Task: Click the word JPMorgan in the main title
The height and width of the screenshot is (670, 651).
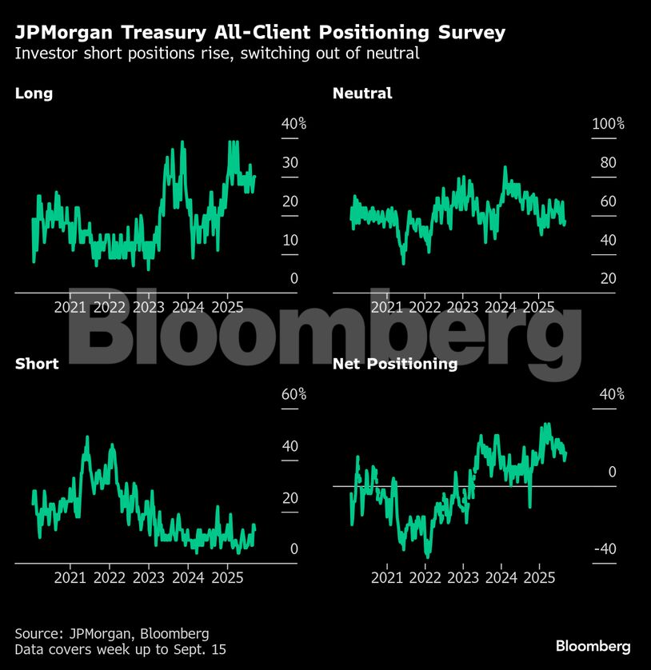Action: pos(66,33)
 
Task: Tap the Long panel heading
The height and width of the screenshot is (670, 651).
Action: pos(34,94)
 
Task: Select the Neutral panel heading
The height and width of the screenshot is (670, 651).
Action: pos(362,94)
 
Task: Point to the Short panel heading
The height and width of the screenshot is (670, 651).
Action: pos(37,364)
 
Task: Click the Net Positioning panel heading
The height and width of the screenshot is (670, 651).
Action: pos(395,364)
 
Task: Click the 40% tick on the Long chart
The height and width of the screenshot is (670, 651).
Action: pos(294,124)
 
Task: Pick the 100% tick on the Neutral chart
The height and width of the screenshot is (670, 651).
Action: pos(608,124)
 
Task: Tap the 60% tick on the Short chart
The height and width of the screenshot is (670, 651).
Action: pos(294,394)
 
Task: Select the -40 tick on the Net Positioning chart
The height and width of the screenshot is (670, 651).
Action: pos(606,548)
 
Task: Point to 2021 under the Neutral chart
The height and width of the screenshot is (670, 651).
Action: pos(387,307)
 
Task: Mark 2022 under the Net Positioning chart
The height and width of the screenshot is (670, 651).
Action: pos(425,577)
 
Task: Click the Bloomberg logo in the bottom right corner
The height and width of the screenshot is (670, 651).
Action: pos(593,646)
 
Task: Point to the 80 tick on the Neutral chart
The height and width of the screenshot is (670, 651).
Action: pos(608,163)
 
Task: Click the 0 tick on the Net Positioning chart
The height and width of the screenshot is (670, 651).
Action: pos(612,472)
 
